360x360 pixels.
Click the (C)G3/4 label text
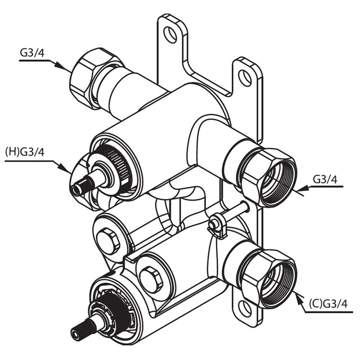(328, 305)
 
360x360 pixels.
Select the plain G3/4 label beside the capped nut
(32, 52)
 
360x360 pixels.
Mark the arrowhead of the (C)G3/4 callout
(298, 296)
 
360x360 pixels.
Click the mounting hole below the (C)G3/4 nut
(244, 308)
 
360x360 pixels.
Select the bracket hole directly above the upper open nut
(245, 78)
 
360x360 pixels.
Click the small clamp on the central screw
(216, 225)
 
